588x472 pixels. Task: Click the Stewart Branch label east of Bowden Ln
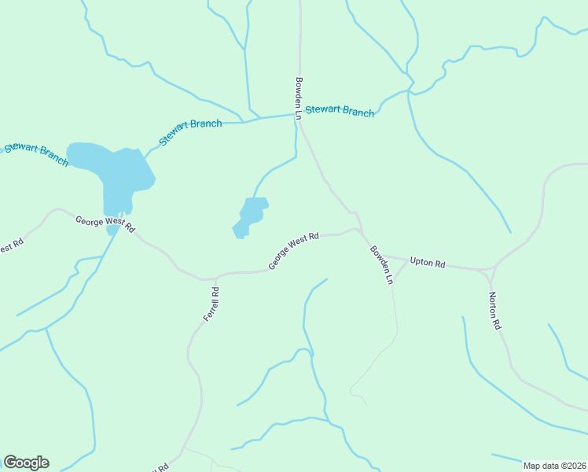pos(340,111)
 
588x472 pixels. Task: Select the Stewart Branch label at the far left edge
pos(36,152)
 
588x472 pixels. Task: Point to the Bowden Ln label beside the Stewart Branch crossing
pos(299,98)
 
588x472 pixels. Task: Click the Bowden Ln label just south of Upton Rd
pos(381,265)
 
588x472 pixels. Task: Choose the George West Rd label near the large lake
pos(105,224)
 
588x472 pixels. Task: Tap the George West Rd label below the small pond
pos(293,251)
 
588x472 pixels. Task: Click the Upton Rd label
pos(428,263)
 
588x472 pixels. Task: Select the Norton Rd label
pos(494,310)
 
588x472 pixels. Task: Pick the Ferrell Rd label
pos(211,304)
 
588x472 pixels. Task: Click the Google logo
pos(26,463)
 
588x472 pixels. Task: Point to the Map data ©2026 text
pos(555,466)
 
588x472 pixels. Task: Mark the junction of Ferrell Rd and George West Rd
pos(216,278)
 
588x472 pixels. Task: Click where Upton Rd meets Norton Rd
pos(490,270)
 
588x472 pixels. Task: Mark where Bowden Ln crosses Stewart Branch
pos(298,116)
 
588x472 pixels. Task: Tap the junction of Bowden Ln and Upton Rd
pos(388,257)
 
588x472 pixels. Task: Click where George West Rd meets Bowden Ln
pos(359,230)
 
